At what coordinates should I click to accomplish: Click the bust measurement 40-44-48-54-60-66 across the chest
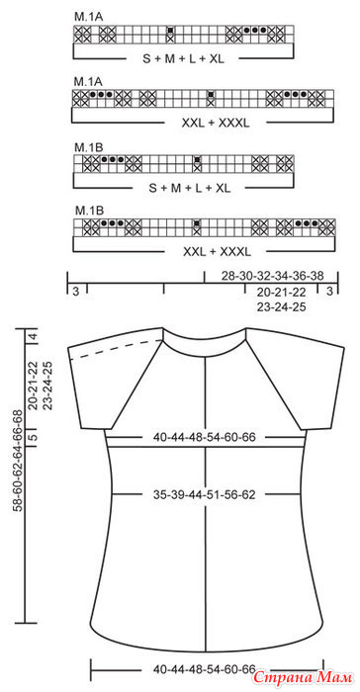tap(205, 437)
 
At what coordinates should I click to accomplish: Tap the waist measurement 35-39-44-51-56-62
tap(205, 494)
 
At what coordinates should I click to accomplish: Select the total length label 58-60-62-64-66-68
tap(18, 462)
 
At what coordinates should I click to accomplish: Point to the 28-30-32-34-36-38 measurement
tap(273, 276)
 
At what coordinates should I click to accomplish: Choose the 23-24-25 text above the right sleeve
tap(282, 307)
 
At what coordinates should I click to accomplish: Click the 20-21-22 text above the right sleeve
tap(282, 292)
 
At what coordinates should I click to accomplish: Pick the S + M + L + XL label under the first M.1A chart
tap(183, 58)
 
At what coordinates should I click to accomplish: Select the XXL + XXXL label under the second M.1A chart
tap(216, 124)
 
